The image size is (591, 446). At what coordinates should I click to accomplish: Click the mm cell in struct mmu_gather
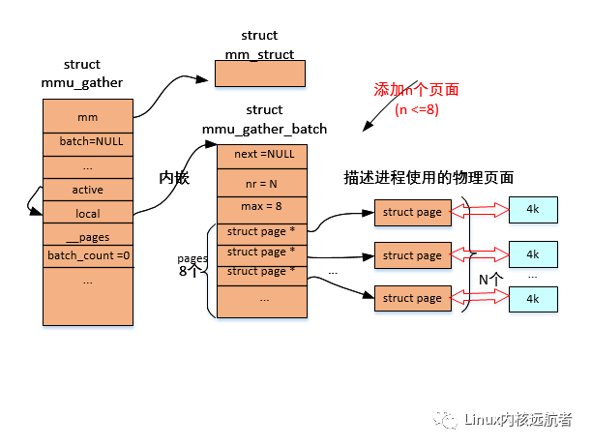pos(87,117)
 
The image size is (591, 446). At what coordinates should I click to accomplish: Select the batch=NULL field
pos(87,140)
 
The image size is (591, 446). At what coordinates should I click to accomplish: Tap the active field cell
pos(87,190)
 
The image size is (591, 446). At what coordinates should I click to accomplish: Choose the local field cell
pos(87,213)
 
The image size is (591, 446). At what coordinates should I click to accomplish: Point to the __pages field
pos(87,236)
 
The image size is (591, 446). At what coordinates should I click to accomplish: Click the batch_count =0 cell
pos(87,256)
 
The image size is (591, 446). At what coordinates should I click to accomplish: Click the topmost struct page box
pos(412,212)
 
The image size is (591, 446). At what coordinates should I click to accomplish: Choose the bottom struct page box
pos(412,298)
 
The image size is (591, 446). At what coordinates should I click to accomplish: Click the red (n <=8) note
pos(416,109)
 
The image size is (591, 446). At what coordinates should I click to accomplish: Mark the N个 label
pos(490,279)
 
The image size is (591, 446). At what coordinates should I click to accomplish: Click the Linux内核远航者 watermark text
pos(517,419)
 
